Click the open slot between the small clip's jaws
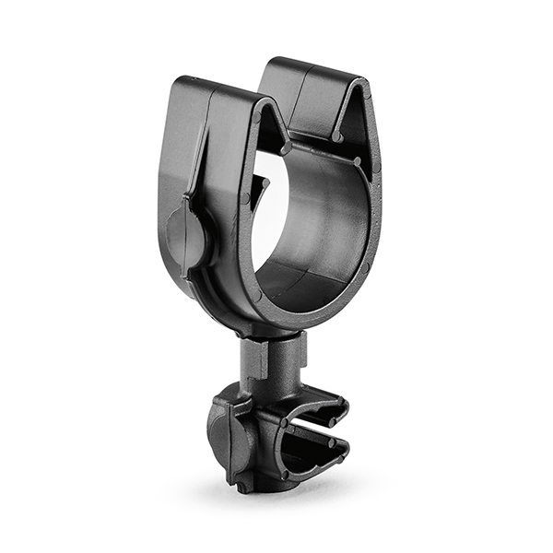[x=318, y=429]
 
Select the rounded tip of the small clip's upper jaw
[x=343, y=406]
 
